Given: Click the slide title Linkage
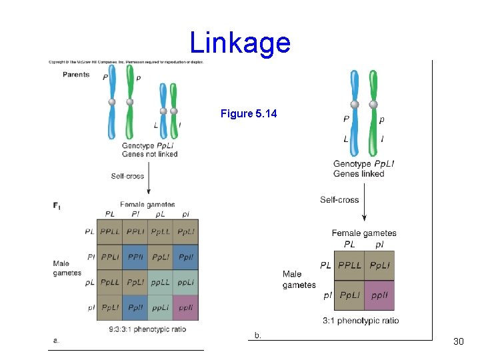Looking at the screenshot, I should (x=240, y=43).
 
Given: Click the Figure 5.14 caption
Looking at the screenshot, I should (x=248, y=114).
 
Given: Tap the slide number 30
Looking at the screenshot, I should (x=458, y=341).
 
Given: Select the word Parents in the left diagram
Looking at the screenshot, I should (x=76, y=75).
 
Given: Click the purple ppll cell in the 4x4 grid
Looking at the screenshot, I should (x=185, y=307).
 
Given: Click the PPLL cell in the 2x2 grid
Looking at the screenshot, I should (x=349, y=265).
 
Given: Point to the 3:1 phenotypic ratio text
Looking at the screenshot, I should (x=361, y=321).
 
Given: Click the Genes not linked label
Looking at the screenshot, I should (x=149, y=154).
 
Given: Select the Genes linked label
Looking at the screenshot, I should (x=359, y=174).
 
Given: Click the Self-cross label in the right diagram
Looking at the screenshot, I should (x=339, y=200).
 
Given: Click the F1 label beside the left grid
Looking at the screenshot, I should (x=57, y=206).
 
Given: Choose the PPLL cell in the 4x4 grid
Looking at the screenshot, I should (x=110, y=232).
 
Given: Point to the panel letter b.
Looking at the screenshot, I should (x=257, y=335).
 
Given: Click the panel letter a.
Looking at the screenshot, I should (x=56, y=341).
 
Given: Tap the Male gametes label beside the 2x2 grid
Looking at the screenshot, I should (x=299, y=279).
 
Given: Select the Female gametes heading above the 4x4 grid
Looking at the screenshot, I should (x=147, y=205).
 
